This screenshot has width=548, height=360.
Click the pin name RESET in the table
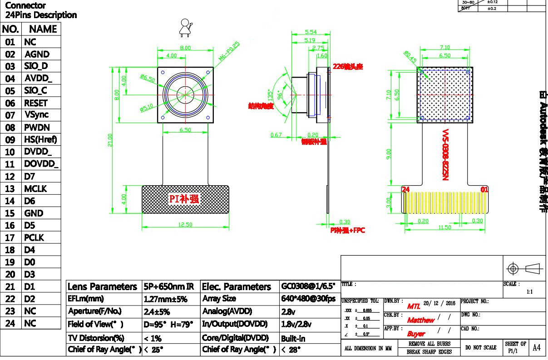coord(36,103)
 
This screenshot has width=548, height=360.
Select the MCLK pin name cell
coord(36,189)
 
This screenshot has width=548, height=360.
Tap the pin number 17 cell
coord(10,237)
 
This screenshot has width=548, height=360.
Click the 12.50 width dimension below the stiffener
coord(185,224)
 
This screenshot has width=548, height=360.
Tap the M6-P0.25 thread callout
coord(229,51)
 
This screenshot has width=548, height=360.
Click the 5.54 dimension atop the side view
coord(311,32)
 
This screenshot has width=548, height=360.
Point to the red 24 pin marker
coord(405,189)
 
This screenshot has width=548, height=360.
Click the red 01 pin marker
coord(484,189)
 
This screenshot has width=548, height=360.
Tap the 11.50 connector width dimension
coord(444,227)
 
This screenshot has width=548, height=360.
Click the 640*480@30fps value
coord(308,299)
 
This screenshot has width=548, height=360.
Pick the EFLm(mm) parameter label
coord(86,299)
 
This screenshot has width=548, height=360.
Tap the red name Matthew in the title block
coord(421,320)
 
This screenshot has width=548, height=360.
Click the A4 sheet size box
coord(537,348)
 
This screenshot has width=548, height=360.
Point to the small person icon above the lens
coord(184,27)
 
